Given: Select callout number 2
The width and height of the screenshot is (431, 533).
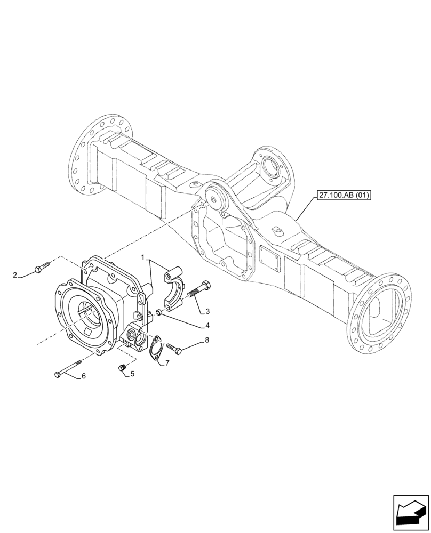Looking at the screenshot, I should coord(15,275).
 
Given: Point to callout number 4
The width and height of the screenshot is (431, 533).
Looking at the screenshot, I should coord(207,325).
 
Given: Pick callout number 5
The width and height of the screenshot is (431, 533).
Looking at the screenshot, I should coord(132,374).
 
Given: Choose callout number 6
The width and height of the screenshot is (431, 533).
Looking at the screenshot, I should coord(83,376).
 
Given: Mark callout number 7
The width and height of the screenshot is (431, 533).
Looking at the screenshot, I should coord(167,363).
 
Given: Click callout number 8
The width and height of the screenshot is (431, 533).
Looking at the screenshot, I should coord(206,340).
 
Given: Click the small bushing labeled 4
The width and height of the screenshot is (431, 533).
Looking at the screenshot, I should coord(159,313).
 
